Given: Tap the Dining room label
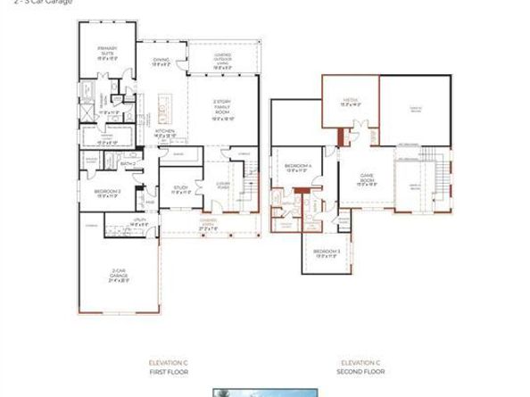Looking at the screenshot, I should (x=161, y=62).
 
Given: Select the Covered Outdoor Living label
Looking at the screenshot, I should (x=223, y=61).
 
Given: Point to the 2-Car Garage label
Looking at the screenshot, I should (x=120, y=274).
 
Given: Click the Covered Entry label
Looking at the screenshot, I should (x=209, y=225).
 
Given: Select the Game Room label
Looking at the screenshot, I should (x=368, y=178).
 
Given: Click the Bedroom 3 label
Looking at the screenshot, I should (x=327, y=254).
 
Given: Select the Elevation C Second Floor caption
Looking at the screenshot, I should (x=360, y=366).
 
